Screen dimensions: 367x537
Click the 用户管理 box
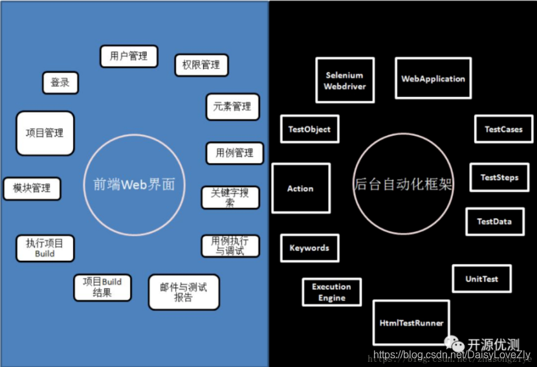[129, 56]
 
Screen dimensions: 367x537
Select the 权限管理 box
[201, 65]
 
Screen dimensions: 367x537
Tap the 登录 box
[60, 83]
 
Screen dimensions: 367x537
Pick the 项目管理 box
[45, 133]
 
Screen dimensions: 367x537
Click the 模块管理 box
[32, 188]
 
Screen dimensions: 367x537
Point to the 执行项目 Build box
[45, 249]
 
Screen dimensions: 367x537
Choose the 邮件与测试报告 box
[183, 292]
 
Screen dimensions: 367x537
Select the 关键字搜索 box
[230, 197]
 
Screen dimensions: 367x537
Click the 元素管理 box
[232, 107]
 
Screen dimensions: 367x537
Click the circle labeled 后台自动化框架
[402, 184]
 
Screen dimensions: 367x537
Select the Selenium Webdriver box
[345, 80]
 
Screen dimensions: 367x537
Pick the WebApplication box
[433, 79]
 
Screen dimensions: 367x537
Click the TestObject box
[309, 129]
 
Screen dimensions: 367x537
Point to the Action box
[300, 188]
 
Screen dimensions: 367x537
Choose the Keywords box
[309, 248]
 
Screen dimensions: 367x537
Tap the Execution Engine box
[331, 293]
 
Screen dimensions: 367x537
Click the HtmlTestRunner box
[411, 322]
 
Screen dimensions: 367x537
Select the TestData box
[494, 221]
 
